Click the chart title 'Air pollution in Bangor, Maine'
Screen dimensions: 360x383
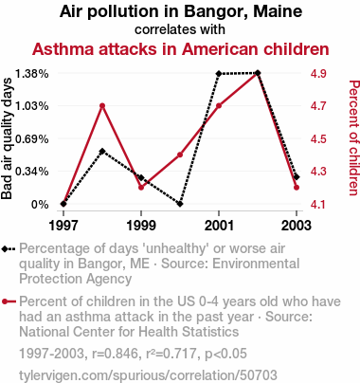[x=181, y=11]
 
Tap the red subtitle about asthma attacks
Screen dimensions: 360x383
[x=181, y=49]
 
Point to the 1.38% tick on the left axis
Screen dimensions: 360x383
[x=32, y=74]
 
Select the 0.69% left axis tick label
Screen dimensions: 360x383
[x=32, y=139]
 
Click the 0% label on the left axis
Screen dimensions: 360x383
[x=40, y=205]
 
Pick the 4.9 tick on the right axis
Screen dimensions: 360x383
[x=318, y=74]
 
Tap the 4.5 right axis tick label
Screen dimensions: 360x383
[x=318, y=139]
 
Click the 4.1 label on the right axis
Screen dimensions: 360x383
[x=318, y=205]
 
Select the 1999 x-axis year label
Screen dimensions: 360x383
[x=141, y=226]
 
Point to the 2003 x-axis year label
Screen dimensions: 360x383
[x=297, y=226]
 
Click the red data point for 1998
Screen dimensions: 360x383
[x=102, y=106]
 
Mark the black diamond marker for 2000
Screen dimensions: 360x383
[x=180, y=204]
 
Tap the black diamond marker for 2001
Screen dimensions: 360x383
[x=219, y=73]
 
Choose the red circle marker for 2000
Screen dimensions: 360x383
[x=180, y=155]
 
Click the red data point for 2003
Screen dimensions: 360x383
[x=297, y=188]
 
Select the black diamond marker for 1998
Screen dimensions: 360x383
[x=102, y=152]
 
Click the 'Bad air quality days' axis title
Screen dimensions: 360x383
[x=7, y=139]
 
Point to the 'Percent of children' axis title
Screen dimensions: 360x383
[x=353, y=138]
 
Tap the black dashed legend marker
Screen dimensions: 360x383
[x=9, y=249]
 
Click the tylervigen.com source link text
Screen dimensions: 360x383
[x=148, y=375]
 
